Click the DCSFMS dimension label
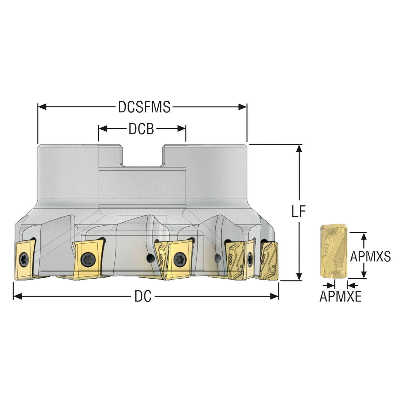(144, 107)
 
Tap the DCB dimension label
(141, 129)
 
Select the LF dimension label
(299, 212)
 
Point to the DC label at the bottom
(143, 296)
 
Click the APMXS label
(370, 256)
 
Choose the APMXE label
(340, 296)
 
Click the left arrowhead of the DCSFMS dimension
(42, 107)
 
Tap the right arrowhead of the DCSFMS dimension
(243, 107)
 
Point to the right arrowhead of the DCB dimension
(182, 129)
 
